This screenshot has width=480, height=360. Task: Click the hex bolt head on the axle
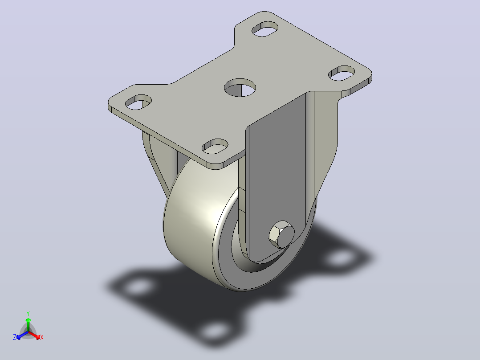[x=281, y=234]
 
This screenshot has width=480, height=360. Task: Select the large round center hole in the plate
[x=240, y=88]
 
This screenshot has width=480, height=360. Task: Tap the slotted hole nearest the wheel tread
[x=215, y=147]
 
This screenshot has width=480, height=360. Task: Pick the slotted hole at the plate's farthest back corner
[x=265, y=29]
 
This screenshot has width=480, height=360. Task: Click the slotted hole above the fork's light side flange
[x=342, y=73]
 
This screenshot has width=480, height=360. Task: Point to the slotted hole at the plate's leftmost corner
[x=138, y=102]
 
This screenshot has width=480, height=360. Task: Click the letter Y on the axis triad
[x=28, y=313]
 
